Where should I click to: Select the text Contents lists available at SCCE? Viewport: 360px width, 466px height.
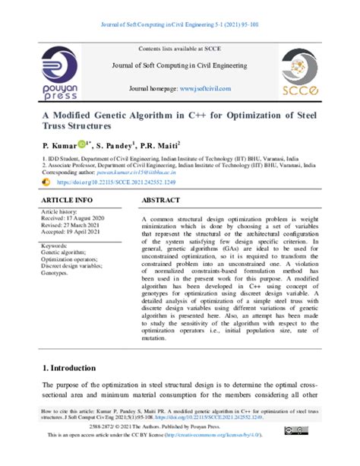181,48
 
